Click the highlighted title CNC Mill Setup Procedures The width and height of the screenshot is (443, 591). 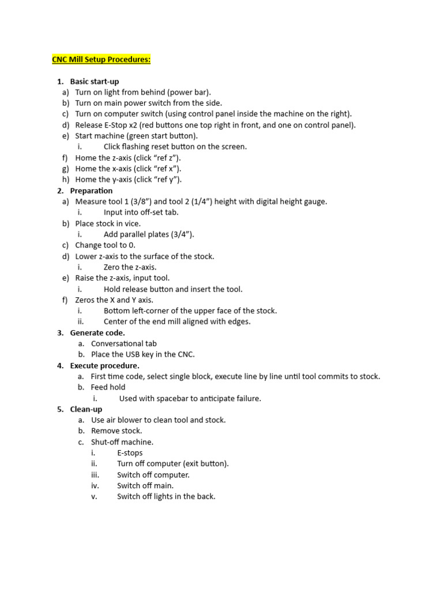click(x=101, y=59)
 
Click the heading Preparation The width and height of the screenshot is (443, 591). click(x=91, y=190)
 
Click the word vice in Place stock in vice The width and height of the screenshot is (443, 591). click(x=133, y=223)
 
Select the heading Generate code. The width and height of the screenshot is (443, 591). click(x=97, y=332)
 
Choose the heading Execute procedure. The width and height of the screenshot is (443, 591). click(x=104, y=365)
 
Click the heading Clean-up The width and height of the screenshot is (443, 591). click(x=86, y=409)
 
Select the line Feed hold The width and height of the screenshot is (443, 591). click(x=108, y=387)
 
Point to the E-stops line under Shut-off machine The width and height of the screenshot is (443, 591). click(x=130, y=453)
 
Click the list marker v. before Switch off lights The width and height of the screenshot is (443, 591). click(x=94, y=496)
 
